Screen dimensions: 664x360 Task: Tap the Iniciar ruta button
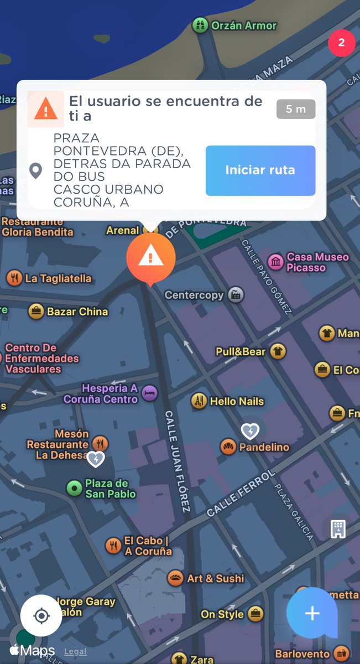260,170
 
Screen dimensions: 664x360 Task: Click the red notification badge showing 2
341,43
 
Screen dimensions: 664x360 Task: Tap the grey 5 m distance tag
296,109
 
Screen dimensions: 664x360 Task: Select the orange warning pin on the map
150,257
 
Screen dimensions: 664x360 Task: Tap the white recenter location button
41,615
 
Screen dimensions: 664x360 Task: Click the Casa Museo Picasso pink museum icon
275,262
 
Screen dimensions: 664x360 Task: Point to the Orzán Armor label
243,25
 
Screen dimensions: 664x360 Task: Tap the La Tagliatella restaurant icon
14,278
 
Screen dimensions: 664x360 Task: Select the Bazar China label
77,312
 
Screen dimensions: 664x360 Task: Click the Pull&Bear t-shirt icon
278,351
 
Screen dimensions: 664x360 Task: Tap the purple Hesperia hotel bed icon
149,393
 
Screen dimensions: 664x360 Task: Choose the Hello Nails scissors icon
199,401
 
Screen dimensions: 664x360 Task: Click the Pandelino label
264,447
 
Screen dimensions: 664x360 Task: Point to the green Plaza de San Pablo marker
74,488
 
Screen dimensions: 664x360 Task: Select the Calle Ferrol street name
241,494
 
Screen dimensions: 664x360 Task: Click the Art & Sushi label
215,578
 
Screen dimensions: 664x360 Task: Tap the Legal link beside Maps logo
75,652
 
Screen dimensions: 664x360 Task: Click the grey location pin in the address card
35,170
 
